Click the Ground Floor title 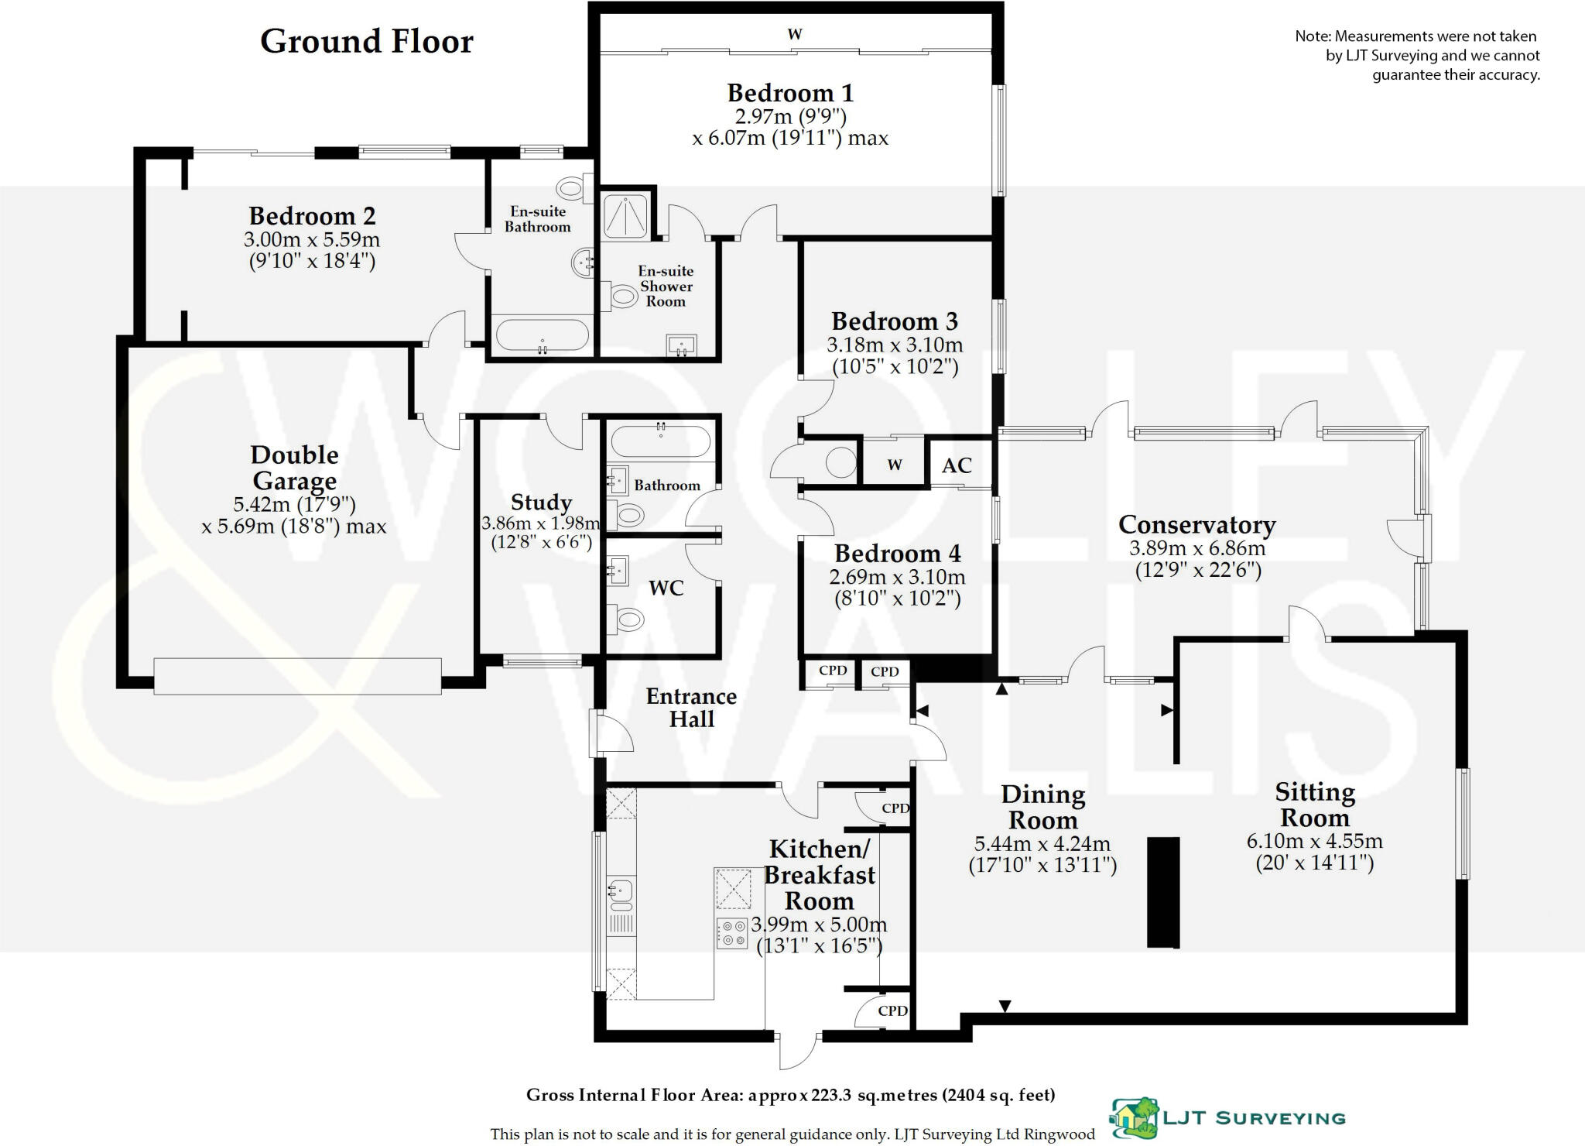366,41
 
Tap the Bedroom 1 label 790,93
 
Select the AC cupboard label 957,465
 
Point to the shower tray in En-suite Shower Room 627,214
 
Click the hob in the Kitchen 732,932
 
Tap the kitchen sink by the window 621,894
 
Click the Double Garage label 294,467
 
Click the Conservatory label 1196,524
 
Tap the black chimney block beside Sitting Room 1162,891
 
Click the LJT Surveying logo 1227,1117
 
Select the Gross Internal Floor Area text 790,1095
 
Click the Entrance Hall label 691,707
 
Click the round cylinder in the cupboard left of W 840,464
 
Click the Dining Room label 1042,806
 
